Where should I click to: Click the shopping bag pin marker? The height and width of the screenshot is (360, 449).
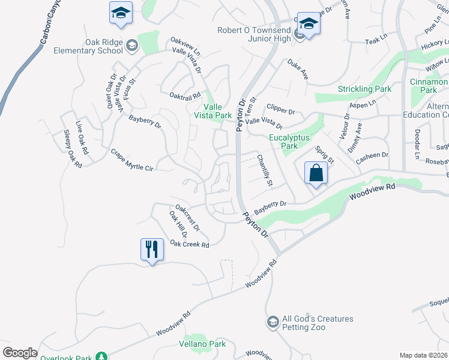[316, 173]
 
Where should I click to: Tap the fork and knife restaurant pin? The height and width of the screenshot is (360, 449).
[151, 249]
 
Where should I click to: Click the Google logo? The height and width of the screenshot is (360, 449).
[20, 353]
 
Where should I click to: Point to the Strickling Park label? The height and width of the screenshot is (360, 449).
[364, 89]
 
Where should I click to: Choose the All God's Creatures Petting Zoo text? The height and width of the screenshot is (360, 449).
[318, 323]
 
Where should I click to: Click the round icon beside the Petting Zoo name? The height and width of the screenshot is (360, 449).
[273, 322]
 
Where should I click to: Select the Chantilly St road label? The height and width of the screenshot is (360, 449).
[265, 170]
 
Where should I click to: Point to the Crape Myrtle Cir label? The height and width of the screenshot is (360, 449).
[132, 160]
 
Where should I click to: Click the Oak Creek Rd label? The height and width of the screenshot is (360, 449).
[189, 244]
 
